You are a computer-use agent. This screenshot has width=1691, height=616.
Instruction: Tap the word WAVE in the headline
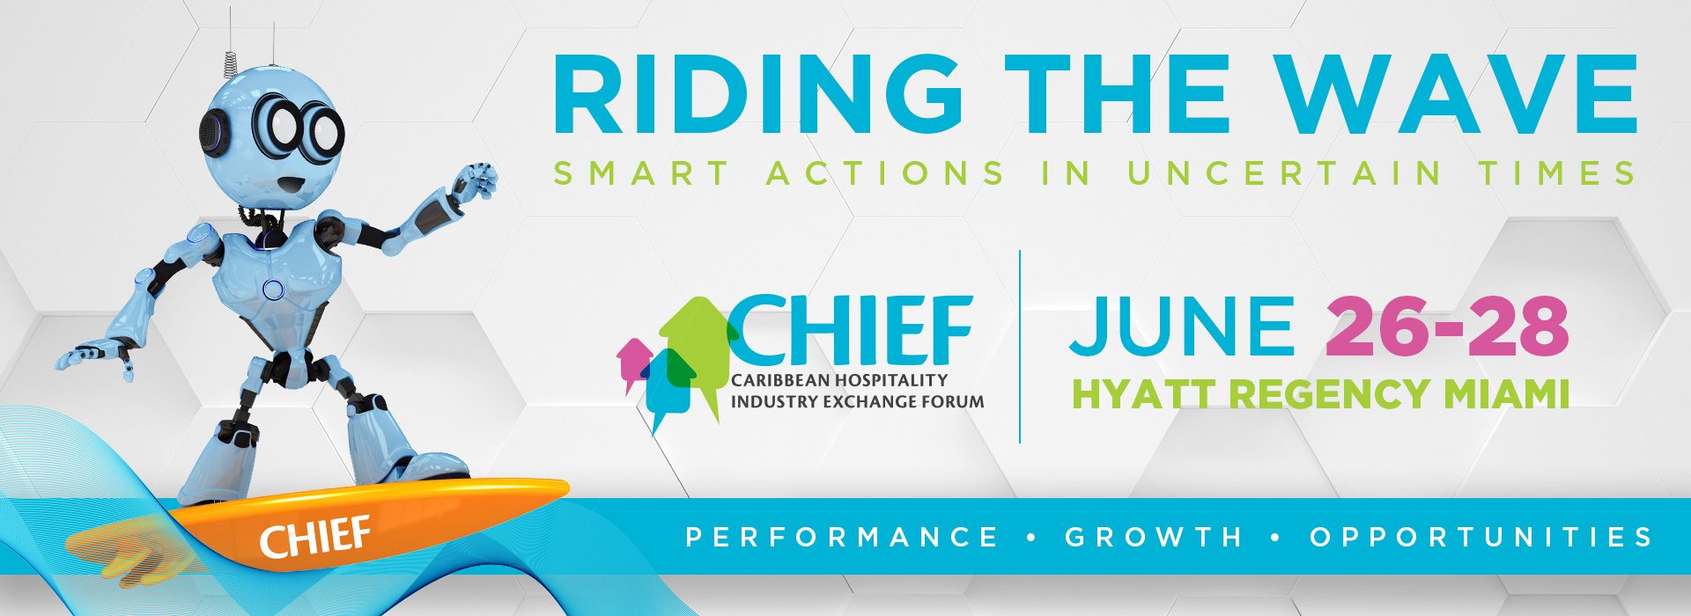click(x=1455, y=94)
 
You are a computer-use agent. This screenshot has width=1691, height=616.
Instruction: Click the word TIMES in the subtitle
click(x=1557, y=172)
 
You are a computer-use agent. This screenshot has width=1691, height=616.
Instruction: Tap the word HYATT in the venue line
click(x=1144, y=394)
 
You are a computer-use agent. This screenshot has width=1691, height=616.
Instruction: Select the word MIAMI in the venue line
click(x=1507, y=394)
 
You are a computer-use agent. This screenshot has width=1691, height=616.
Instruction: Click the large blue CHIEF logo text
click(x=850, y=330)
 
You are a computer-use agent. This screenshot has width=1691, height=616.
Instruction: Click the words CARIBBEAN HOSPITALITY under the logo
click(x=839, y=380)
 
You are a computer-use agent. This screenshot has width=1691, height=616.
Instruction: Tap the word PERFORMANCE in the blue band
click(x=841, y=537)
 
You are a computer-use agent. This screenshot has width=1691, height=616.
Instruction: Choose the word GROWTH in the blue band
click(x=1153, y=537)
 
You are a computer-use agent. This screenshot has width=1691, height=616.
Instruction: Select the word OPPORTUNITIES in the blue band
click(x=1481, y=537)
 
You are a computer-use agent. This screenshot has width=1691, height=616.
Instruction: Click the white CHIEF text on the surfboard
click(x=315, y=538)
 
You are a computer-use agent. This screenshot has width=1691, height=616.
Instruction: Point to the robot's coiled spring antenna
click(x=230, y=62)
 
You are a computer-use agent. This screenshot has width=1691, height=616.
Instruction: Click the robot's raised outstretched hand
click(x=474, y=183)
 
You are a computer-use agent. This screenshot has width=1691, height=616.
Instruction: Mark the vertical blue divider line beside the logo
click(x=1020, y=347)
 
